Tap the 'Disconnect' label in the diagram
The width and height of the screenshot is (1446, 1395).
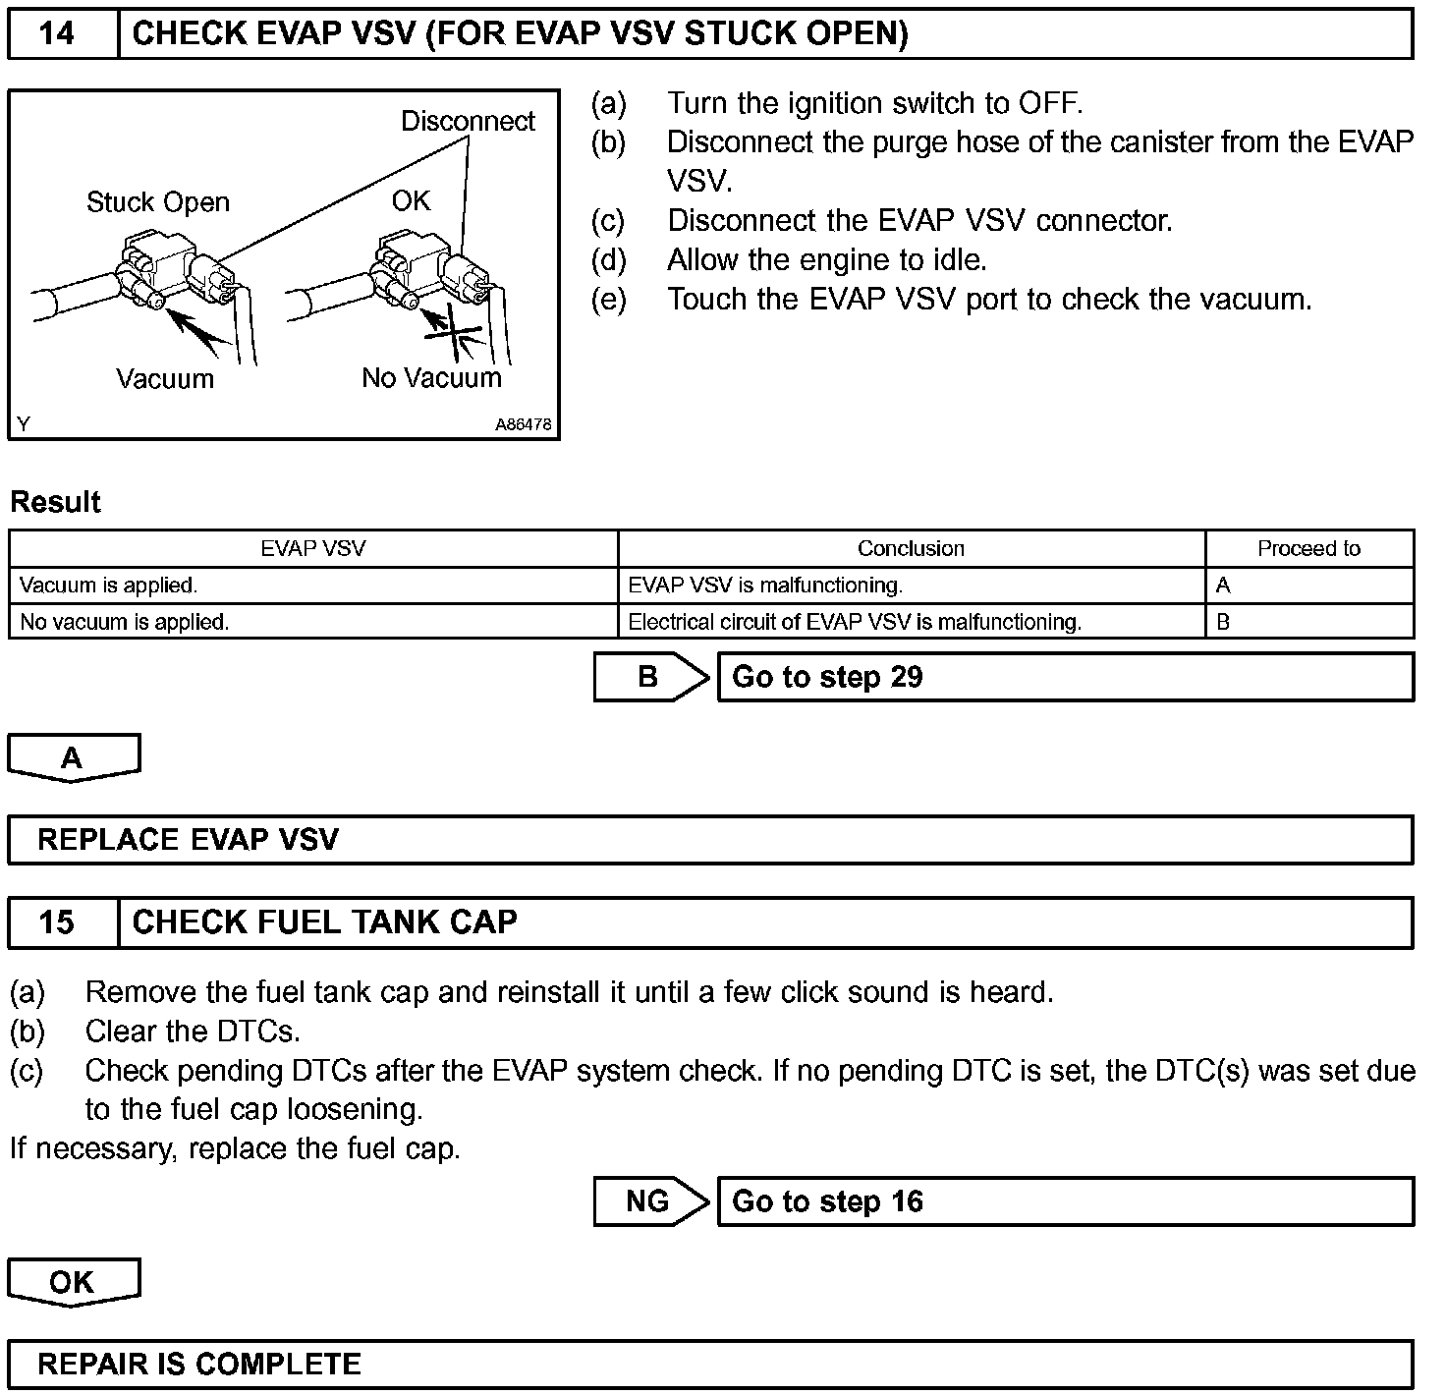(468, 121)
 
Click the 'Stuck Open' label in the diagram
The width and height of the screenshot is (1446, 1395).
(157, 202)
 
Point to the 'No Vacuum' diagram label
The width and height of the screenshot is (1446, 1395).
(431, 378)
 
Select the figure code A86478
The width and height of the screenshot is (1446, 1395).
(523, 425)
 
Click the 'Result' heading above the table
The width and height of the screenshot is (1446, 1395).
(55, 502)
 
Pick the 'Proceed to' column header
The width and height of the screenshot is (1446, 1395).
(1308, 548)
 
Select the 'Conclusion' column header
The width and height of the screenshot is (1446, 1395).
(911, 548)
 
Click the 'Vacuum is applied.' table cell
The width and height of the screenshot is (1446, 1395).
(108, 586)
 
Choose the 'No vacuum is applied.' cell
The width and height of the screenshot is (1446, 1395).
(124, 622)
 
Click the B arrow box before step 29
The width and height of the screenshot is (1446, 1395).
(649, 677)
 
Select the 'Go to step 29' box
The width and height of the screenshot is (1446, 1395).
(1065, 677)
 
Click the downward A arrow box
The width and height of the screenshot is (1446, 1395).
(73, 757)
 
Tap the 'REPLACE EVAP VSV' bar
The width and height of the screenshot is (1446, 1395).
(709, 840)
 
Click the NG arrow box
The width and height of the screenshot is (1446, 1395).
(649, 1201)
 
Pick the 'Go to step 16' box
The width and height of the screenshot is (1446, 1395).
(1065, 1201)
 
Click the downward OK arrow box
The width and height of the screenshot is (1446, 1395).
(73, 1282)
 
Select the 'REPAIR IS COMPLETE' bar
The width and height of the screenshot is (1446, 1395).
(709, 1365)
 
